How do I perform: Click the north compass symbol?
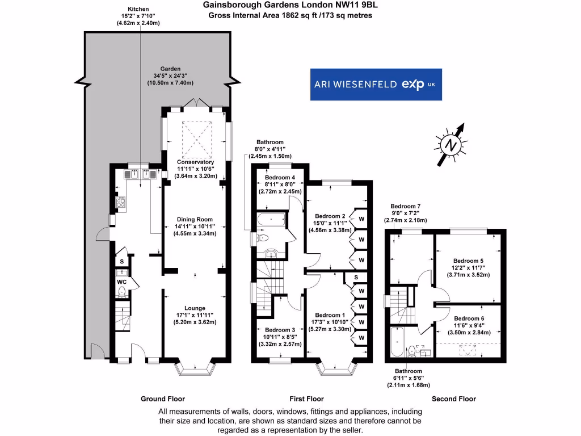point(452,145)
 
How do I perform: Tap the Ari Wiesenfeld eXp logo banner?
point(375,85)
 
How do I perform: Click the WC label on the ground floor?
point(121,282)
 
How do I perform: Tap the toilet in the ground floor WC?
point(121,292)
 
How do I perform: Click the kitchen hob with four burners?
point(121,201)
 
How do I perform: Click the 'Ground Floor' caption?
point(163,399)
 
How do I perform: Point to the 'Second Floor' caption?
point(453,399)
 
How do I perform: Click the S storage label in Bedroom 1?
point(355,278)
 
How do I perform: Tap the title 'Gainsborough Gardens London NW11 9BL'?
point(290,5)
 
